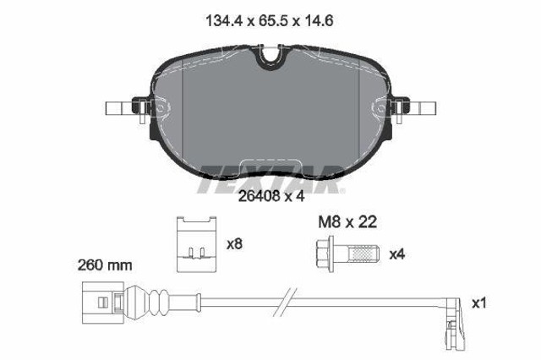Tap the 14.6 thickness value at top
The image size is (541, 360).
(x=318, y=21)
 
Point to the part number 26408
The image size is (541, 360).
(x=259, y=196)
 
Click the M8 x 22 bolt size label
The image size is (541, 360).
(x=347, y=222)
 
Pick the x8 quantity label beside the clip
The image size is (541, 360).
(x=234, y=244)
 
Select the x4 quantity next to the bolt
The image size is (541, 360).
(x=396, y=255)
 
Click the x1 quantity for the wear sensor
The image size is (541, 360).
(x=479, y=303)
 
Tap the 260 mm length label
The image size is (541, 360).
(x=105, y=265)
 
